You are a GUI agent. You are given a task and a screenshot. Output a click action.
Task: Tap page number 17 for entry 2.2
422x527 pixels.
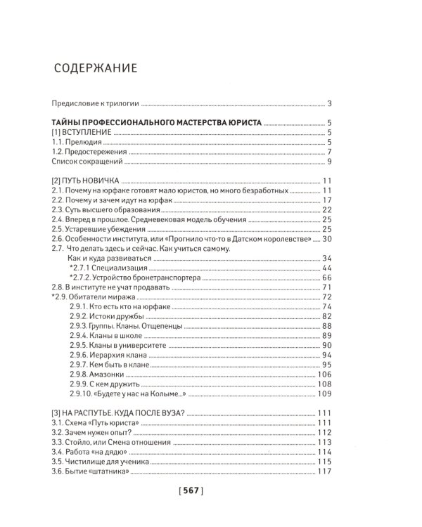pyautogui.click(x=326, y=200)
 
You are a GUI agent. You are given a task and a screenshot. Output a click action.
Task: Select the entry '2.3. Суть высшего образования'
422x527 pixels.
pyautogui.click(x=105, y=210)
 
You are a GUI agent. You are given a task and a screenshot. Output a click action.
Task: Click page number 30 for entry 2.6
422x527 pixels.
pyautogui.click(x=326, y=239)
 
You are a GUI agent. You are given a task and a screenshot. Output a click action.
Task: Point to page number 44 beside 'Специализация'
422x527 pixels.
pyautogui.click(x=326, y=268)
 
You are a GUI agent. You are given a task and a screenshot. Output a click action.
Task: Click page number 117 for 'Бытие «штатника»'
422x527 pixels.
pyautogui.click(x=324, y=471)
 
